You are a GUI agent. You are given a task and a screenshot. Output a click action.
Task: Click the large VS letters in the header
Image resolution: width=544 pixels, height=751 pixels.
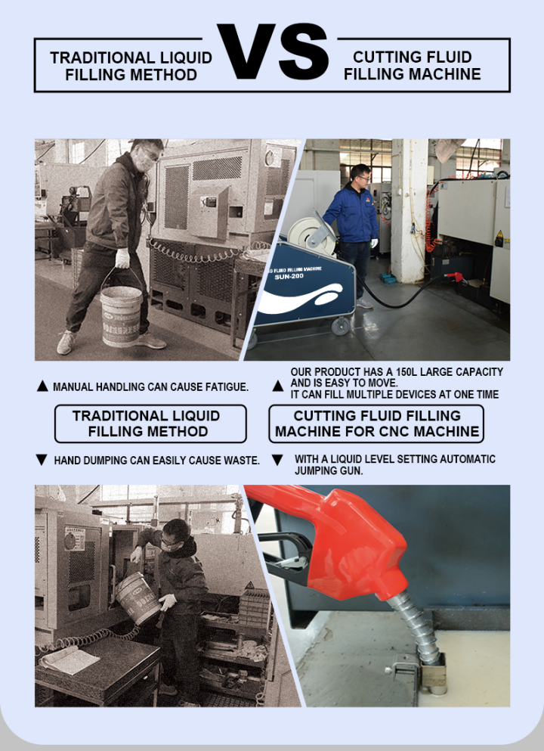tap(273, 53)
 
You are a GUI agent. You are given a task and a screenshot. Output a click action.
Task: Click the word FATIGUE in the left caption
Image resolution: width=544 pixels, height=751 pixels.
tap(224, 387)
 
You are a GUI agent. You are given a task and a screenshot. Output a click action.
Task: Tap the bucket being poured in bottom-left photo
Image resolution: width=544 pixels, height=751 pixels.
tap(137, 597)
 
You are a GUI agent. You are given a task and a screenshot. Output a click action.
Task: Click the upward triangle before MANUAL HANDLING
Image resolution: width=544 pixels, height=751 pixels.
tap(42, 386)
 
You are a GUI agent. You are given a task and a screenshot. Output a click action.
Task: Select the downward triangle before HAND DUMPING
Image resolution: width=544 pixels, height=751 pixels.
tap(42, 460)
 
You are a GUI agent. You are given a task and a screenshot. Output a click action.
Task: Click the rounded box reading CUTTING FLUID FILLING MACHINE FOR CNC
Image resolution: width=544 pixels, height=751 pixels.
tap(376, 424)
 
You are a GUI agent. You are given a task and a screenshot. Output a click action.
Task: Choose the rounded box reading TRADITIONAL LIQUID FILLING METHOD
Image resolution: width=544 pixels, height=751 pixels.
tap(150, 424)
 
